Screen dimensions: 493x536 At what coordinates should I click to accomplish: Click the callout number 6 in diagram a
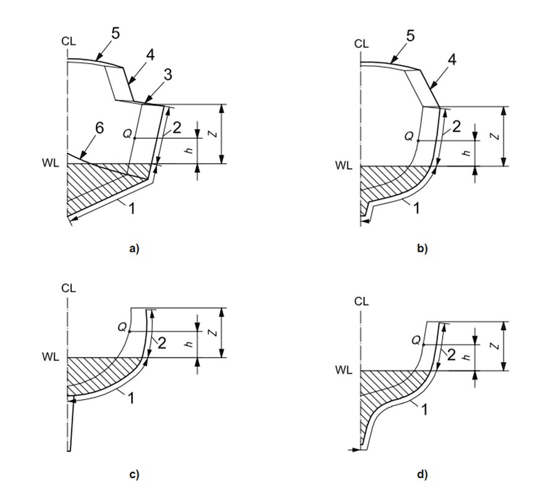100,128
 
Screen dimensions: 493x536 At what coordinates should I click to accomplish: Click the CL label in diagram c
68,288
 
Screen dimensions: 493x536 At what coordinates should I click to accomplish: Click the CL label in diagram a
68,42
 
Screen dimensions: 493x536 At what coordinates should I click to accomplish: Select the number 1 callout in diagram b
416,209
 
